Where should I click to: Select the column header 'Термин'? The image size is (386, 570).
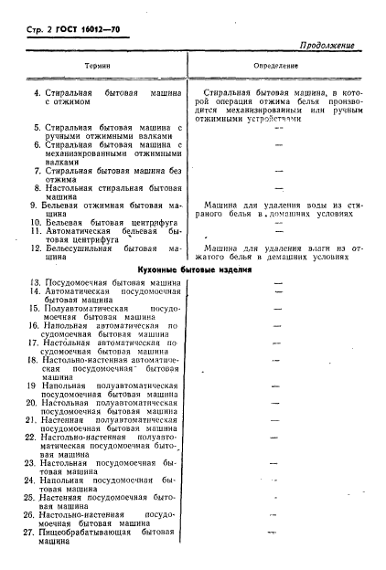(98, 67)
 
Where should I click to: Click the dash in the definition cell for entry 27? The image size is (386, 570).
(272, 532)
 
